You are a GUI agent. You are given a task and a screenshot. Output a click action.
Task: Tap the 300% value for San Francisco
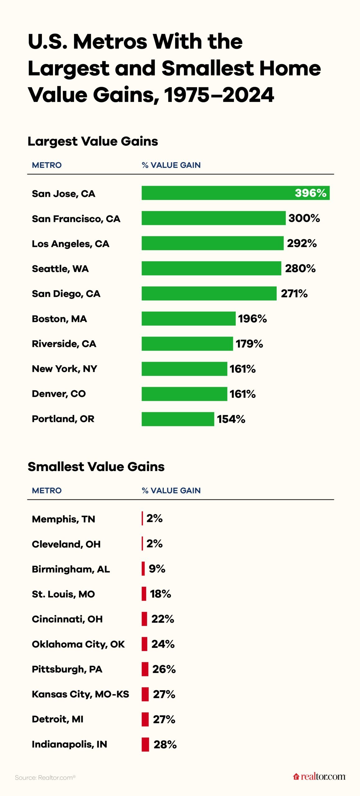(x=304, y=218)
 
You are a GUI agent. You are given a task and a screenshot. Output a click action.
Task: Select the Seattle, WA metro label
(x=60, y=269)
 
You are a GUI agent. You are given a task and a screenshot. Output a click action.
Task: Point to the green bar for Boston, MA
(x=188, y=318)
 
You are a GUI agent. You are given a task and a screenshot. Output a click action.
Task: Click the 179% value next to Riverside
(x=249, y=344)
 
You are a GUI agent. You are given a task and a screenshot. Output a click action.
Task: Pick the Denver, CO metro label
(x=59, y=394)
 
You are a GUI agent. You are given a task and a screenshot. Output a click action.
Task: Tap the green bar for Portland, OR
(x=178, y=419)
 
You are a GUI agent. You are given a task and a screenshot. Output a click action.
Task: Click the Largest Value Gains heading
(x=93, y=141)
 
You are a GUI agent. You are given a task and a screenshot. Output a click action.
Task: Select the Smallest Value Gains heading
(x=96, y=467)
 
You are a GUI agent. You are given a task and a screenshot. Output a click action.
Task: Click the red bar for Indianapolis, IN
(x=145, y=744)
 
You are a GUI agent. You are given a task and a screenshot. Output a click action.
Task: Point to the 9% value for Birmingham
(x=157, y=568)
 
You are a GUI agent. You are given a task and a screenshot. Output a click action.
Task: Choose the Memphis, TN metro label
(x=63, y=519)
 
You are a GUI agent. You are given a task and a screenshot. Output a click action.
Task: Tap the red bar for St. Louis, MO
(x=144, y=594)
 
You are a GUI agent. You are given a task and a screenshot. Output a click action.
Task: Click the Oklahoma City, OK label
(x=78, y=644)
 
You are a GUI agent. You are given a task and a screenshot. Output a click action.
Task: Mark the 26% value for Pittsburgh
(x=164, y=669)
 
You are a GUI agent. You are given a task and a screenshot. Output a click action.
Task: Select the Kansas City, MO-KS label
(x=81, y=694)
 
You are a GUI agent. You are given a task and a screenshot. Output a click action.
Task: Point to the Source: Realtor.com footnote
(x=45, y=777)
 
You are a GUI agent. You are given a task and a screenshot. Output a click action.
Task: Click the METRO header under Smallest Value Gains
(x=47, y=490)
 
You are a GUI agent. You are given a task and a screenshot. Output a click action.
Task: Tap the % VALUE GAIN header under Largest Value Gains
(x=171, y=165)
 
